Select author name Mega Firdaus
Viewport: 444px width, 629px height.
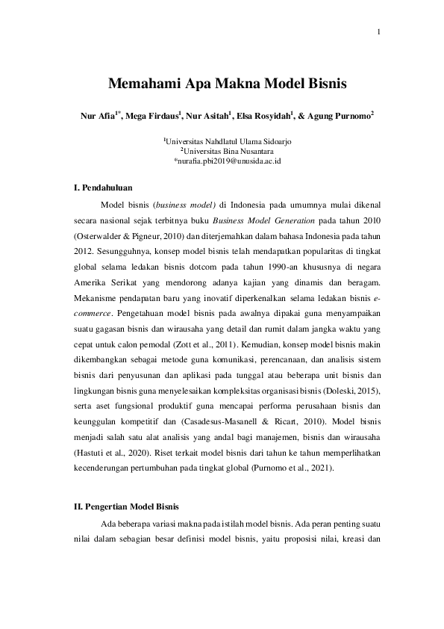(x=154, y=117)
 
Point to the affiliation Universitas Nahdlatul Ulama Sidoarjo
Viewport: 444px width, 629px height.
(x=222, y=140)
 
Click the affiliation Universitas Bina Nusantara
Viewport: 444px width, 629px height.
(x=222, y=150)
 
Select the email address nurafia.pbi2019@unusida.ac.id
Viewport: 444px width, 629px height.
(x=222, y=160)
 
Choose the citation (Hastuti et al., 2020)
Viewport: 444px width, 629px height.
(x=111, y=453)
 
